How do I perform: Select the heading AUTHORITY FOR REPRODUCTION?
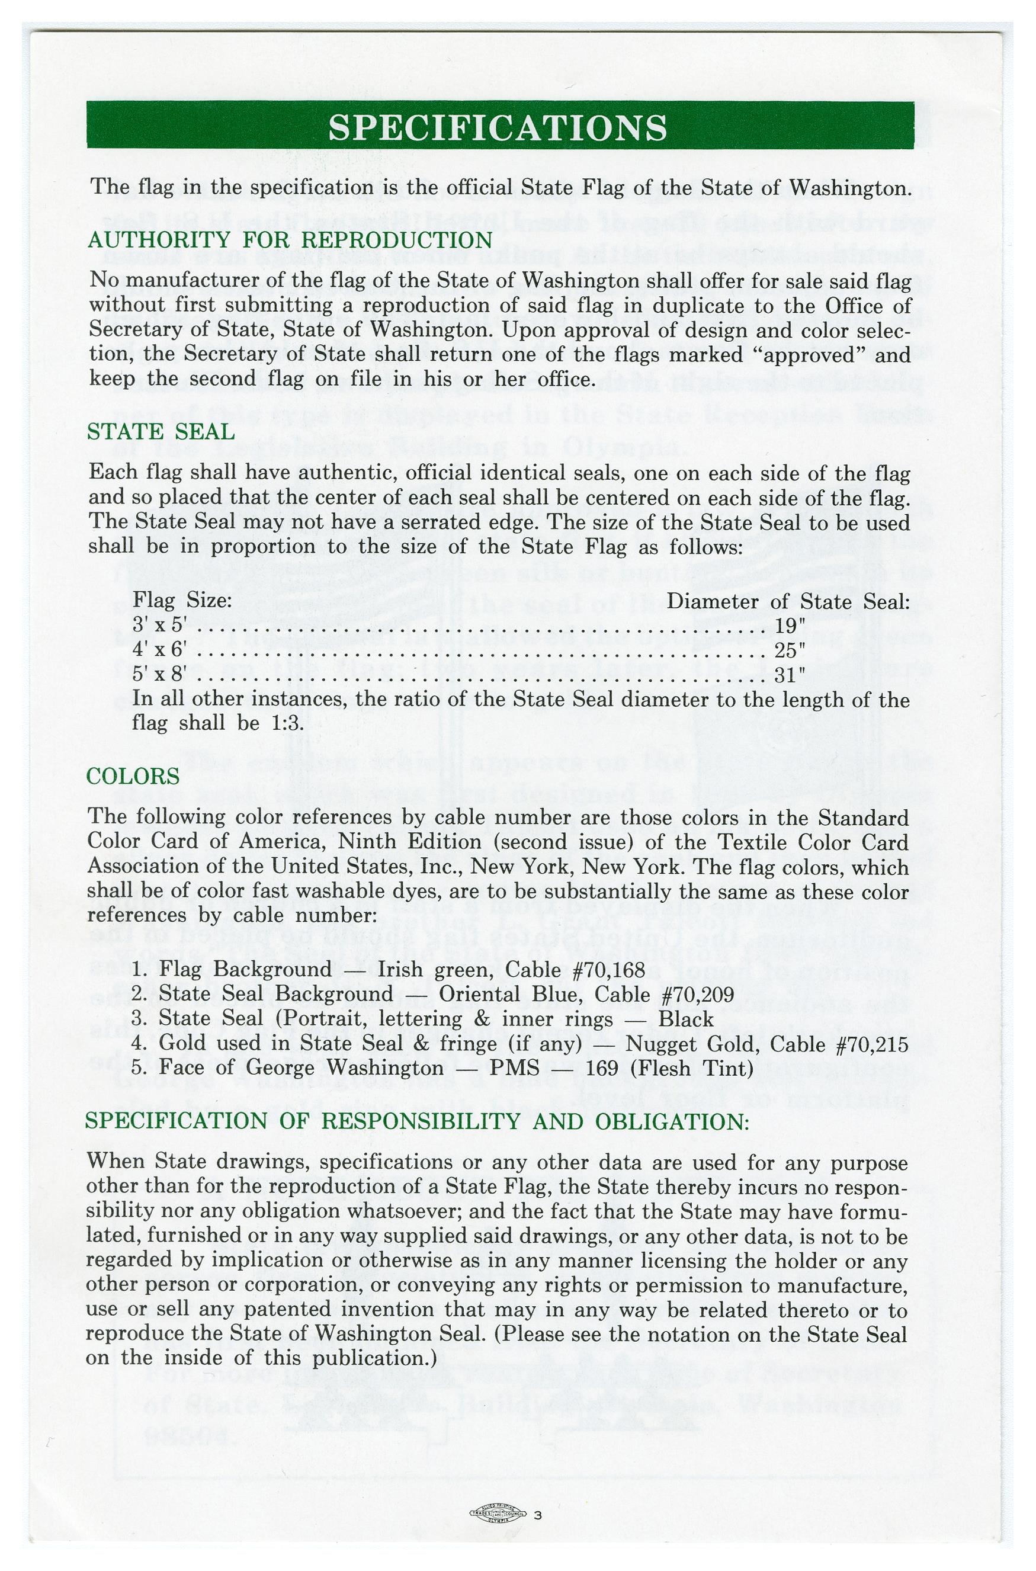[x=290, y=240]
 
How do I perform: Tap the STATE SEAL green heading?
[x=161, y=432]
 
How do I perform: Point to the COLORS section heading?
[x=133, y=776]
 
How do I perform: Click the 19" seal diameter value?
[x=790, y=626]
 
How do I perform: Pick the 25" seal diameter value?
[x=790, y=650]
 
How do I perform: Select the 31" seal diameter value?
[x=790, y=675]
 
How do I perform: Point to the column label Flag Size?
[x=182, y=601]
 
